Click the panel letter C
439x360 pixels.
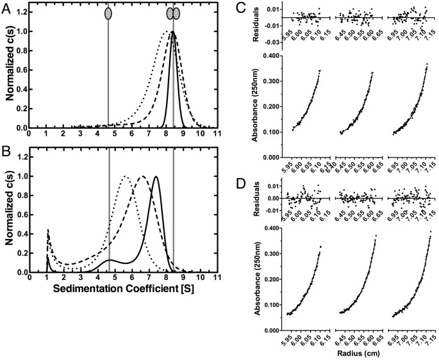click(240, 8)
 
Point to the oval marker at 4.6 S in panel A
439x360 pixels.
click(108, 12)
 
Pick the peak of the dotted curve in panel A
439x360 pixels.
click(166, 31)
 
